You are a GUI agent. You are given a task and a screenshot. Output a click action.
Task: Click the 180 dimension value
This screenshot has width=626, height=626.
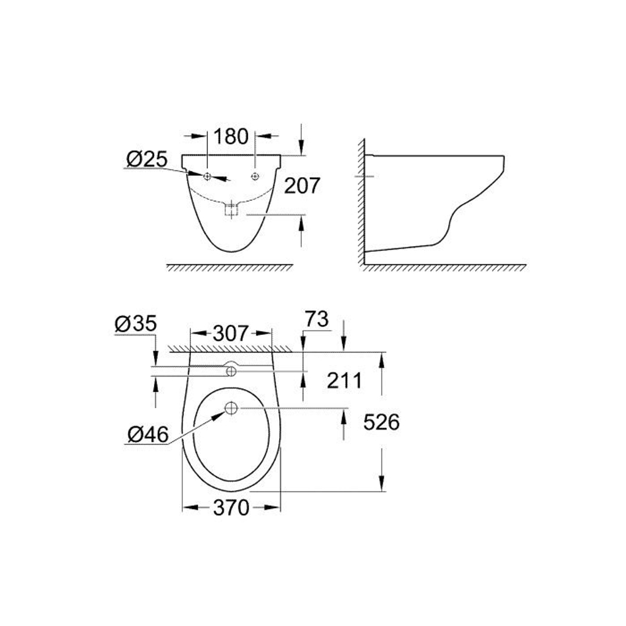[232, 136]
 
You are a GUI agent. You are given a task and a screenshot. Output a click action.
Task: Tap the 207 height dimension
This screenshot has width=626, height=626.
[302, 185]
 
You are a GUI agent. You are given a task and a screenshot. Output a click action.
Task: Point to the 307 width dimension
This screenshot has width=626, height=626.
[231, 334]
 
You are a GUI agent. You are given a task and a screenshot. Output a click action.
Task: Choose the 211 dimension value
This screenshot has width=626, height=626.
[344, 380]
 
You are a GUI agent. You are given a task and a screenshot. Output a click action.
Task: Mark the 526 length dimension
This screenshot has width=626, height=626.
[381, 423]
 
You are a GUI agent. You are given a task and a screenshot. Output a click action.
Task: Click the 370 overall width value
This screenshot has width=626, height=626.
[231, 508]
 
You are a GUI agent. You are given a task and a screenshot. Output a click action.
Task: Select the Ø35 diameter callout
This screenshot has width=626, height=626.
[136, 324]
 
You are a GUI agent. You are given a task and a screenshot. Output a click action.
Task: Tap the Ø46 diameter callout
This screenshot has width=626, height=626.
[147, 434]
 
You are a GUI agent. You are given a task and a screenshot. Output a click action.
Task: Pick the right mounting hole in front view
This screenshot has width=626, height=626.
[255, 177]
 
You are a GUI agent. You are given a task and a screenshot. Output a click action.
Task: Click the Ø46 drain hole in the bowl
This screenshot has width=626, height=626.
[231, 409]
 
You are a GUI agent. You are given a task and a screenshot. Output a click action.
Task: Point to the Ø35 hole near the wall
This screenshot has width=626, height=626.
[231, 372]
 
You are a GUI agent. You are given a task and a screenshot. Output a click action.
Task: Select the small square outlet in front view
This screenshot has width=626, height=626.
[232, 210]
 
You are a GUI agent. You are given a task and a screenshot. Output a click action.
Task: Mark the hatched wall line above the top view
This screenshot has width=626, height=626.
[231, 347]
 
